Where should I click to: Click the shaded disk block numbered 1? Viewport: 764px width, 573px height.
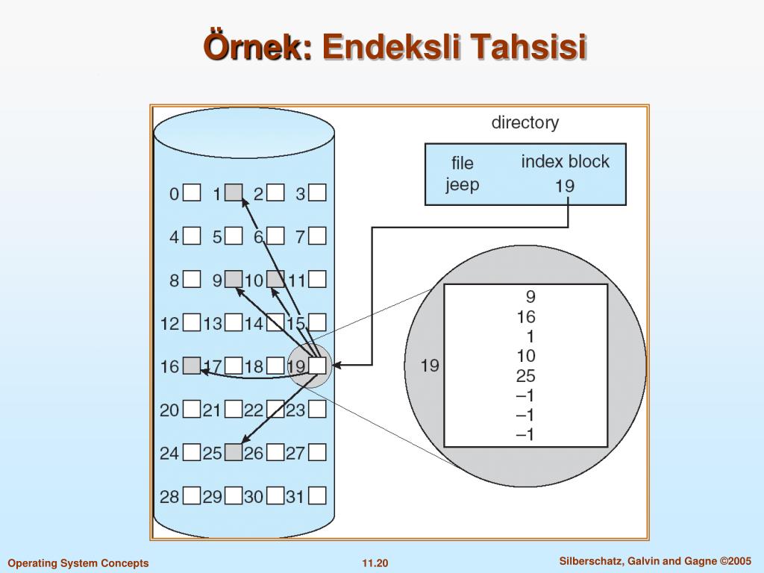[234, 193]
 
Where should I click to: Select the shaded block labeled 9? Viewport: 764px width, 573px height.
[234, 279]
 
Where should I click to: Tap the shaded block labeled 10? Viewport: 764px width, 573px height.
[275, 279]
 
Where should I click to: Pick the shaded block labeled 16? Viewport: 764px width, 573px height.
[192, 366]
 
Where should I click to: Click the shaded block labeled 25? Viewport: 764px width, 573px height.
[234, 453]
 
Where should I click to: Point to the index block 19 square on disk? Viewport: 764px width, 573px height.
[317, 366]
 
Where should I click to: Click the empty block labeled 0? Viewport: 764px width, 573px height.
[192, 193]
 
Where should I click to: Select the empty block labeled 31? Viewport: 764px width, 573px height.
[317, 496]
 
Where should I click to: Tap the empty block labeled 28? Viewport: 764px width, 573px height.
[192, 496]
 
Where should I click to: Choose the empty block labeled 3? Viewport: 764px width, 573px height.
[317, 193]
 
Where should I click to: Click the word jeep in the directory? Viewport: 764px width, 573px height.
[462, 185]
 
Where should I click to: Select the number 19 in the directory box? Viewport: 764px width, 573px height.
[565, 186]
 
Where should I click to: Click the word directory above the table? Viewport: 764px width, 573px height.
[525, 122]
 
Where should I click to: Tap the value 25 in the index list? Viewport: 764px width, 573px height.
[526, 376]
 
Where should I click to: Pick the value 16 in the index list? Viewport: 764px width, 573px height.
[526, 316]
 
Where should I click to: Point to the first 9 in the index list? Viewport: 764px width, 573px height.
[530, 296]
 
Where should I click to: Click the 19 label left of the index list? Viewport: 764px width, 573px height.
[430, 366]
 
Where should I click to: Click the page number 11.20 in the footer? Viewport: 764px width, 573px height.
[375, 563]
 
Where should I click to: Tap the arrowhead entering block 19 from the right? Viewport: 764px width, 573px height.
[336, 365]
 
